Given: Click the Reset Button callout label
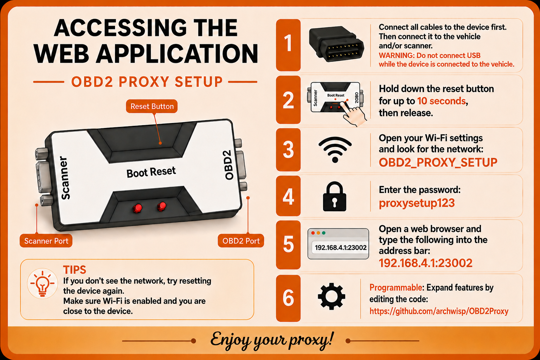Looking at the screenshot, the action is point(152,106).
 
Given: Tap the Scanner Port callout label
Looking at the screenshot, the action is point(46,241).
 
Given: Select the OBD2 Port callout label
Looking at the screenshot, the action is point(241,241).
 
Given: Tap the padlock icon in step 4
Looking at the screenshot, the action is point(335,197).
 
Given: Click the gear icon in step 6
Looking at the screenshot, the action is point(332,296).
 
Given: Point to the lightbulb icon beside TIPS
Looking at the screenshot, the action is point(43,284).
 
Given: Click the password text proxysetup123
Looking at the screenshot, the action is point(417,203).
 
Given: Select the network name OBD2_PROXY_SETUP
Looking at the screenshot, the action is point(438,162).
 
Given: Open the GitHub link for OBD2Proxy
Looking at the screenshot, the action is point(439,311).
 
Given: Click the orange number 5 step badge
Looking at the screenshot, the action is point(288,244).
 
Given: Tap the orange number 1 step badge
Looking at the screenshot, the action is point(288,45).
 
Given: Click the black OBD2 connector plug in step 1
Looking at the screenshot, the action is point(336,44).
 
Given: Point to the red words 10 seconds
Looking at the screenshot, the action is point(442,101).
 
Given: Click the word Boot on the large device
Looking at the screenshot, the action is point(137,173).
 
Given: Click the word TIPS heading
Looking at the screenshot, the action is point(75,270).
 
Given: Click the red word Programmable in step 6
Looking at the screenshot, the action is point(396,288).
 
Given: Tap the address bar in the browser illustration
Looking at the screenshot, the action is point(340,247).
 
